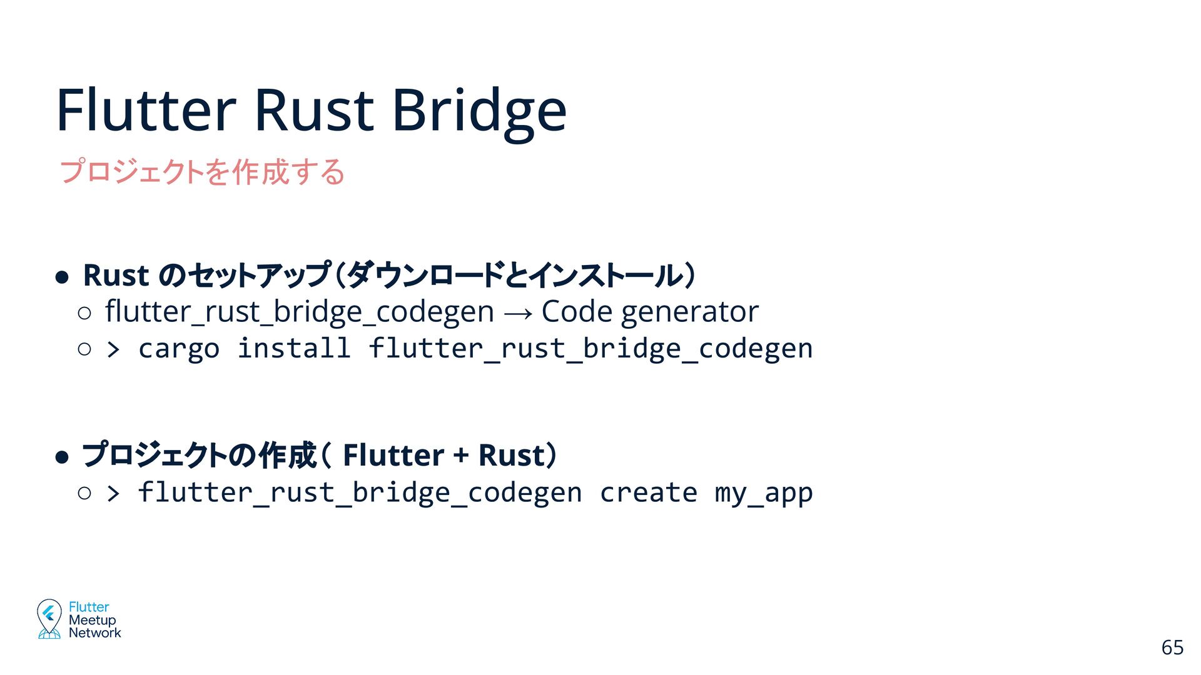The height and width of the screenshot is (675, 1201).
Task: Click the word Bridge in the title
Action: pos(479,111)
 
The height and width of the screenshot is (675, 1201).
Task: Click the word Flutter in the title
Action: pos(146,111)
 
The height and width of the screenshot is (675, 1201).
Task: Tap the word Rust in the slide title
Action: pos(314,111)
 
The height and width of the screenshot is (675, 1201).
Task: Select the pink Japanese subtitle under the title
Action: pos(202,171)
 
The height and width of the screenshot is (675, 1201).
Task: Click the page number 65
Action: pos(1172,647)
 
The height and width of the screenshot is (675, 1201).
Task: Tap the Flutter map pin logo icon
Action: pos(49,618)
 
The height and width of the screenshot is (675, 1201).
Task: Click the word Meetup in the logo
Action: pos(92,620)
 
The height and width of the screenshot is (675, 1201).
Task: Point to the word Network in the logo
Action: pos(94,632)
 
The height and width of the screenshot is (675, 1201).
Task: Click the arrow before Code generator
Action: pos(517,312)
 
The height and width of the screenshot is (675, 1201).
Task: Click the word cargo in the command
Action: pos(179,349)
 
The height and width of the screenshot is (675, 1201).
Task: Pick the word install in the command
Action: pos(294,348)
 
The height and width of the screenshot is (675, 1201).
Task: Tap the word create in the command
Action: pos(648,492)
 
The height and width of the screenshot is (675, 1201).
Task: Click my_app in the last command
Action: pos(763,493)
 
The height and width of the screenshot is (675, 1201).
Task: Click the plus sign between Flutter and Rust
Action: pos(461,455)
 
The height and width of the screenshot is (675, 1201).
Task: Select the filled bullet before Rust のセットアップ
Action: pos(61,277)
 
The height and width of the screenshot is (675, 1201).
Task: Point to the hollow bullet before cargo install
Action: pos(84,349)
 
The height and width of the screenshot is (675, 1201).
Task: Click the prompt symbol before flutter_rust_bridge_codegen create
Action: pos(113,493)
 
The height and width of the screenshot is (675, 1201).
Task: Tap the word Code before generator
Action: pos(577,311)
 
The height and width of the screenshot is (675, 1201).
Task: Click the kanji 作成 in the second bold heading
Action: pos(288,455)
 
